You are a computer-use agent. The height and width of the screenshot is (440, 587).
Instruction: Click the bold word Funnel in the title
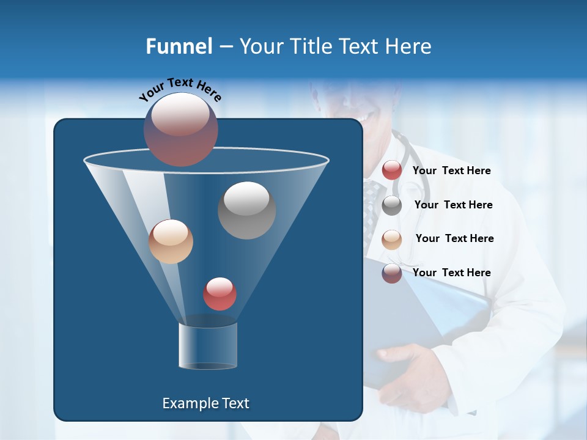click(x=179, y=46)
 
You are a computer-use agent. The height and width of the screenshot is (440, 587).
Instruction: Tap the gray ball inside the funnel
click(x=246, y=210)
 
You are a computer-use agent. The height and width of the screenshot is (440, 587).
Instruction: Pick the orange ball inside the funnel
click(x=171, y=241)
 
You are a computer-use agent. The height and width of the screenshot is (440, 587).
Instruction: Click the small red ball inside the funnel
click(x=220, y=294)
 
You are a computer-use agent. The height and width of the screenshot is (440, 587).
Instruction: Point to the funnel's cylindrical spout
click(x=208, y=346)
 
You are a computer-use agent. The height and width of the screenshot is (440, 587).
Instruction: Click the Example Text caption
click(x=206, y=403)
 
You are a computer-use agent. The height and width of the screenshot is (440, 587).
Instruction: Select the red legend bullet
click(x=392, y=170)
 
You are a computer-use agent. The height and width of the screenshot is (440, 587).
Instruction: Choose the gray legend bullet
click(x=392, y=205)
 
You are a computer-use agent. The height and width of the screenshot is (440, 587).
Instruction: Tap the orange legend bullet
click(x=392, y=240)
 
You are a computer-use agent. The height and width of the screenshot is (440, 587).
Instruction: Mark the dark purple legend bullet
click(x=392, y=273)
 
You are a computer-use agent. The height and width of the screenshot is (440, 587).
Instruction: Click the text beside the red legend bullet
click(x=451, y=170)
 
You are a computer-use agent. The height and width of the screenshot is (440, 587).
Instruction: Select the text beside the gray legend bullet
click(x=453, y=205)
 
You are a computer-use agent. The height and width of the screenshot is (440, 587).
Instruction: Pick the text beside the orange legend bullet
click(x=454, y=238)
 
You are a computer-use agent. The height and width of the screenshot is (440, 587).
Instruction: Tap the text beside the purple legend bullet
click(x=451, y=273)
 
